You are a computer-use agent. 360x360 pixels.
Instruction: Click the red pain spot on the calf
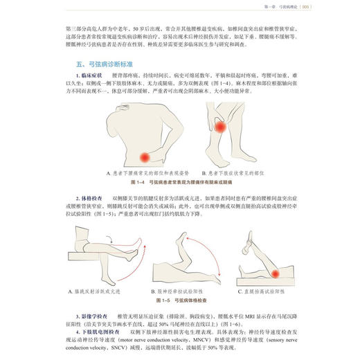click(x=220, y=127)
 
